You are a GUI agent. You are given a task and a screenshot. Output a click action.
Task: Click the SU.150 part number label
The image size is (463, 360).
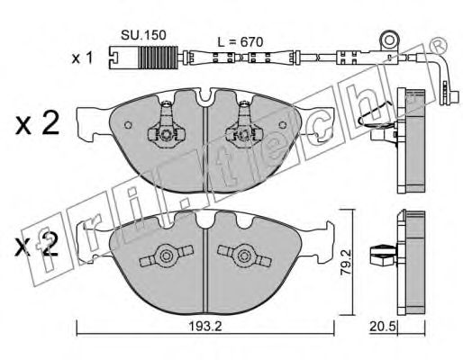click(x=143, y=35)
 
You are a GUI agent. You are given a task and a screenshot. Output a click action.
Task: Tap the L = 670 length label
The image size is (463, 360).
click(x=241, y=41)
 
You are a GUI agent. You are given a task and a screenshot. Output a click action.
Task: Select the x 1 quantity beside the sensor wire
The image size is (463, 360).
click(x=83, y=58)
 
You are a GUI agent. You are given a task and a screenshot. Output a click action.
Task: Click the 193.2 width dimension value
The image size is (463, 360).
click(x=205, y=326)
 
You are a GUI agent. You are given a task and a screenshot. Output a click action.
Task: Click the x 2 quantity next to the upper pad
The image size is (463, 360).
click(x=38, y=125)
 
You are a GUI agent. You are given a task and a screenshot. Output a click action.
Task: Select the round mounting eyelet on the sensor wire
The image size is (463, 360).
click(x=390, y=40)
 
